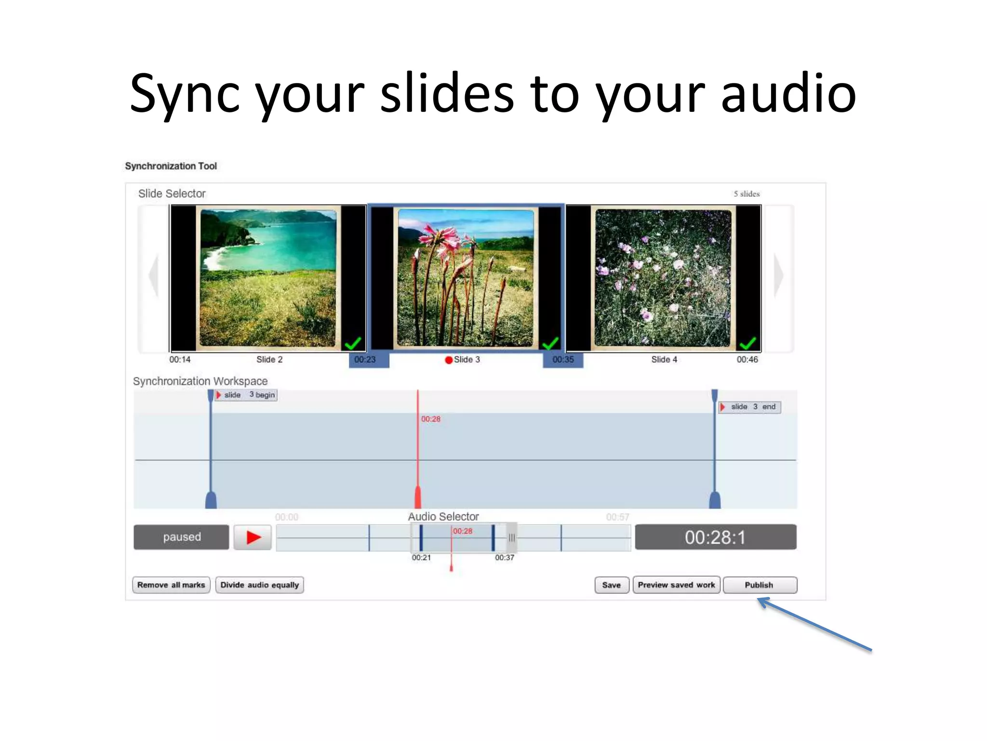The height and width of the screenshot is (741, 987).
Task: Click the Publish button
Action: [760, 585]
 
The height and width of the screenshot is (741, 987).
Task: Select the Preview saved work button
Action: [676, 585]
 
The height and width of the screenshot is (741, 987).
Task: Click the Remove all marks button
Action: [171, 585]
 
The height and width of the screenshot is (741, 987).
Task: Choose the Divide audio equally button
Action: [259, 585]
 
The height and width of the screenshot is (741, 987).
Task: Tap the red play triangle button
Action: [253, 537]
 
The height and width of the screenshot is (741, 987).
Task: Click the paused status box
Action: [181, 537]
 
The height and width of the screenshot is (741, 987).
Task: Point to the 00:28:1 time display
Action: [715, 537]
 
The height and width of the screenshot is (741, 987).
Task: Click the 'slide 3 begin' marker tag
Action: [246, 395]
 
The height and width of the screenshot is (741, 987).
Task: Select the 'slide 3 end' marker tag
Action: [750, 407]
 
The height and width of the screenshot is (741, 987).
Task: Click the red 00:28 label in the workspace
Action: [431, 419]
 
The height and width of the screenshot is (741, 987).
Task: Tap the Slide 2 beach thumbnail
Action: [268, 278]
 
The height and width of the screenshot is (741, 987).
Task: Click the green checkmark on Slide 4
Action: [747, 343]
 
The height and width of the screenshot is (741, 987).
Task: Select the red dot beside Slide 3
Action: [449, 360]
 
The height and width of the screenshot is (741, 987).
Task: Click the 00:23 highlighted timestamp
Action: [365, 359]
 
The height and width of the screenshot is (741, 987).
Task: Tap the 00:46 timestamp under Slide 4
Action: [747, 359]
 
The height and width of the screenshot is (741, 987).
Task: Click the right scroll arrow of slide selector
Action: [778, 276]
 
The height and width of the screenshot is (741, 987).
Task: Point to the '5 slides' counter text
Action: [747, 194]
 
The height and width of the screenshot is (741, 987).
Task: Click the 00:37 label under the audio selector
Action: [505, 558]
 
